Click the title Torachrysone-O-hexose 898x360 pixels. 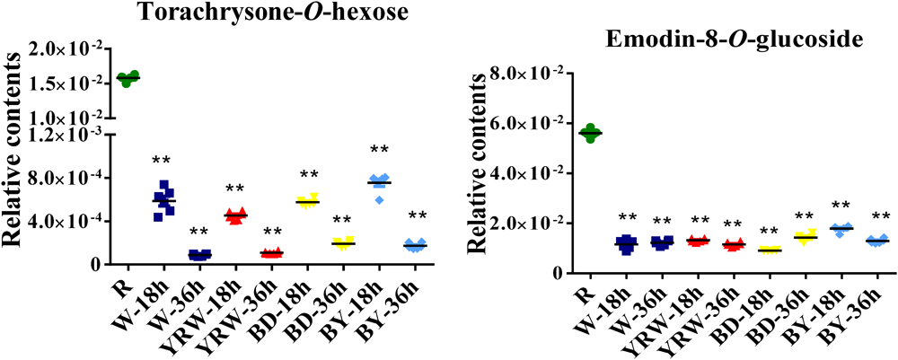click(243, 13)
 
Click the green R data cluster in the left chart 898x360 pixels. click(128, 79)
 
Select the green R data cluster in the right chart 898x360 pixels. click(590, 132)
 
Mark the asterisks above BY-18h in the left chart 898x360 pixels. click(379, 150)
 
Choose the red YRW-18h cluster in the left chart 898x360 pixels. click(235, 215)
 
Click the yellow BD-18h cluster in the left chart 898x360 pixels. click(308, 201)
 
